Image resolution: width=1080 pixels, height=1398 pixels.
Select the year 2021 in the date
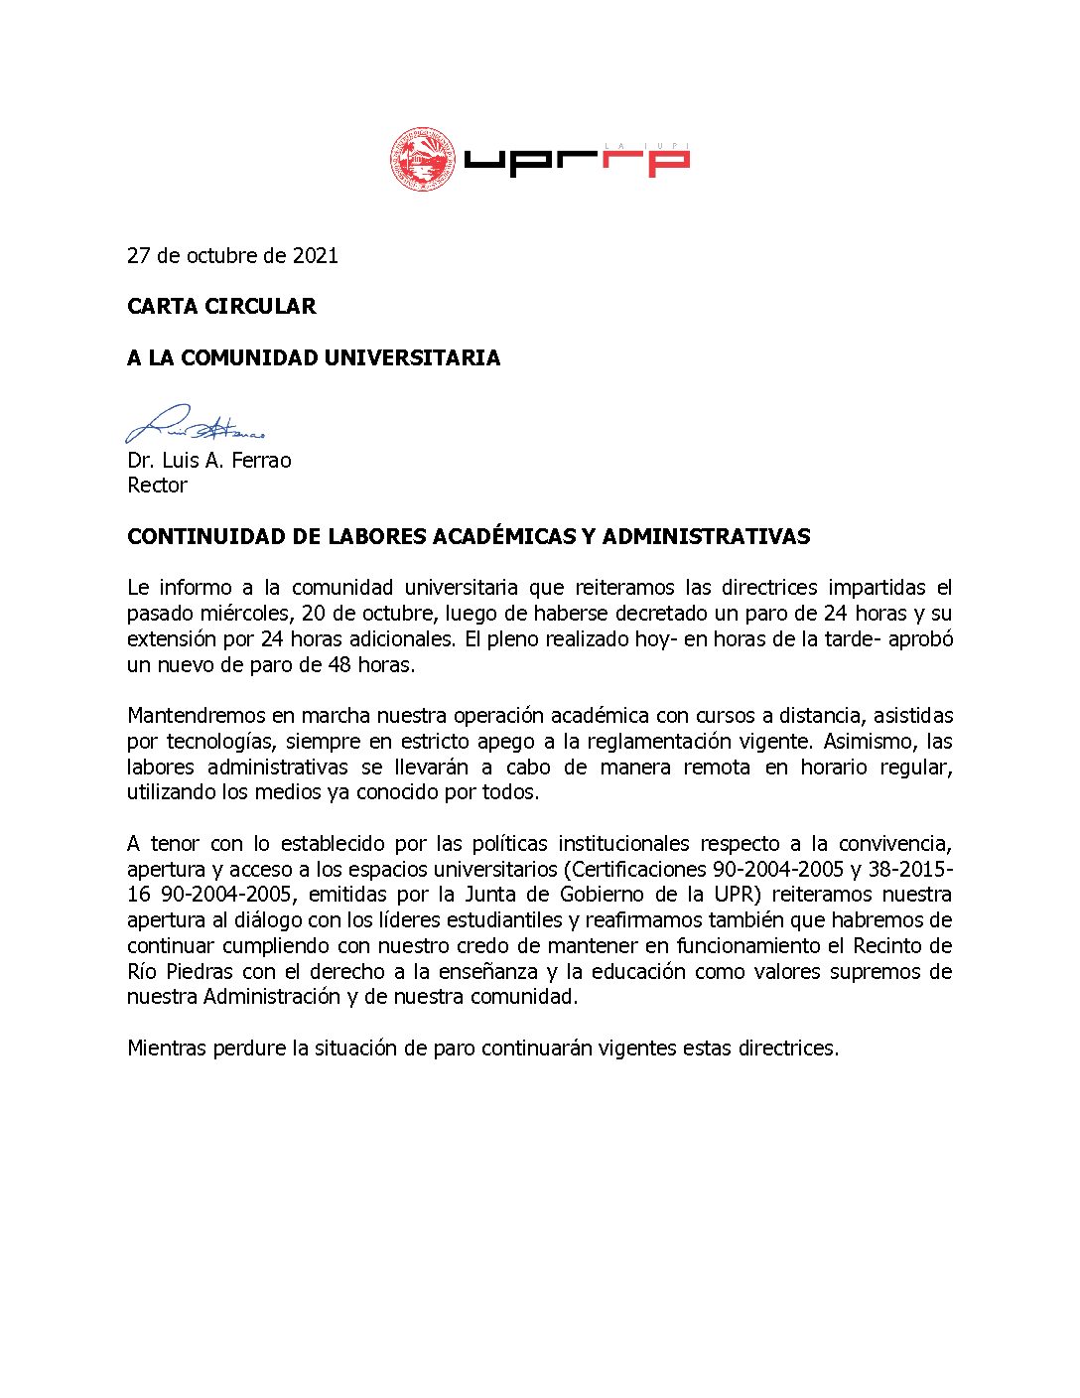(x=315, y=256)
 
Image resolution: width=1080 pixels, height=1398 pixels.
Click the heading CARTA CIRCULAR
(x=221, y=307)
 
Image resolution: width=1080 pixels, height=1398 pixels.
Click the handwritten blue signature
(x=195, y=425)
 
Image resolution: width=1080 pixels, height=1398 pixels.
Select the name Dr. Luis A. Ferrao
(x=208, y=460)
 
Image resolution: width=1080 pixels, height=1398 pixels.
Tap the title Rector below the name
(x=157, y=486)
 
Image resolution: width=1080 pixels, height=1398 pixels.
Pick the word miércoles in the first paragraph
(x=248, y=614)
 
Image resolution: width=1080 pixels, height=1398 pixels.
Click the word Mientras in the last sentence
(x=166, y=1048)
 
